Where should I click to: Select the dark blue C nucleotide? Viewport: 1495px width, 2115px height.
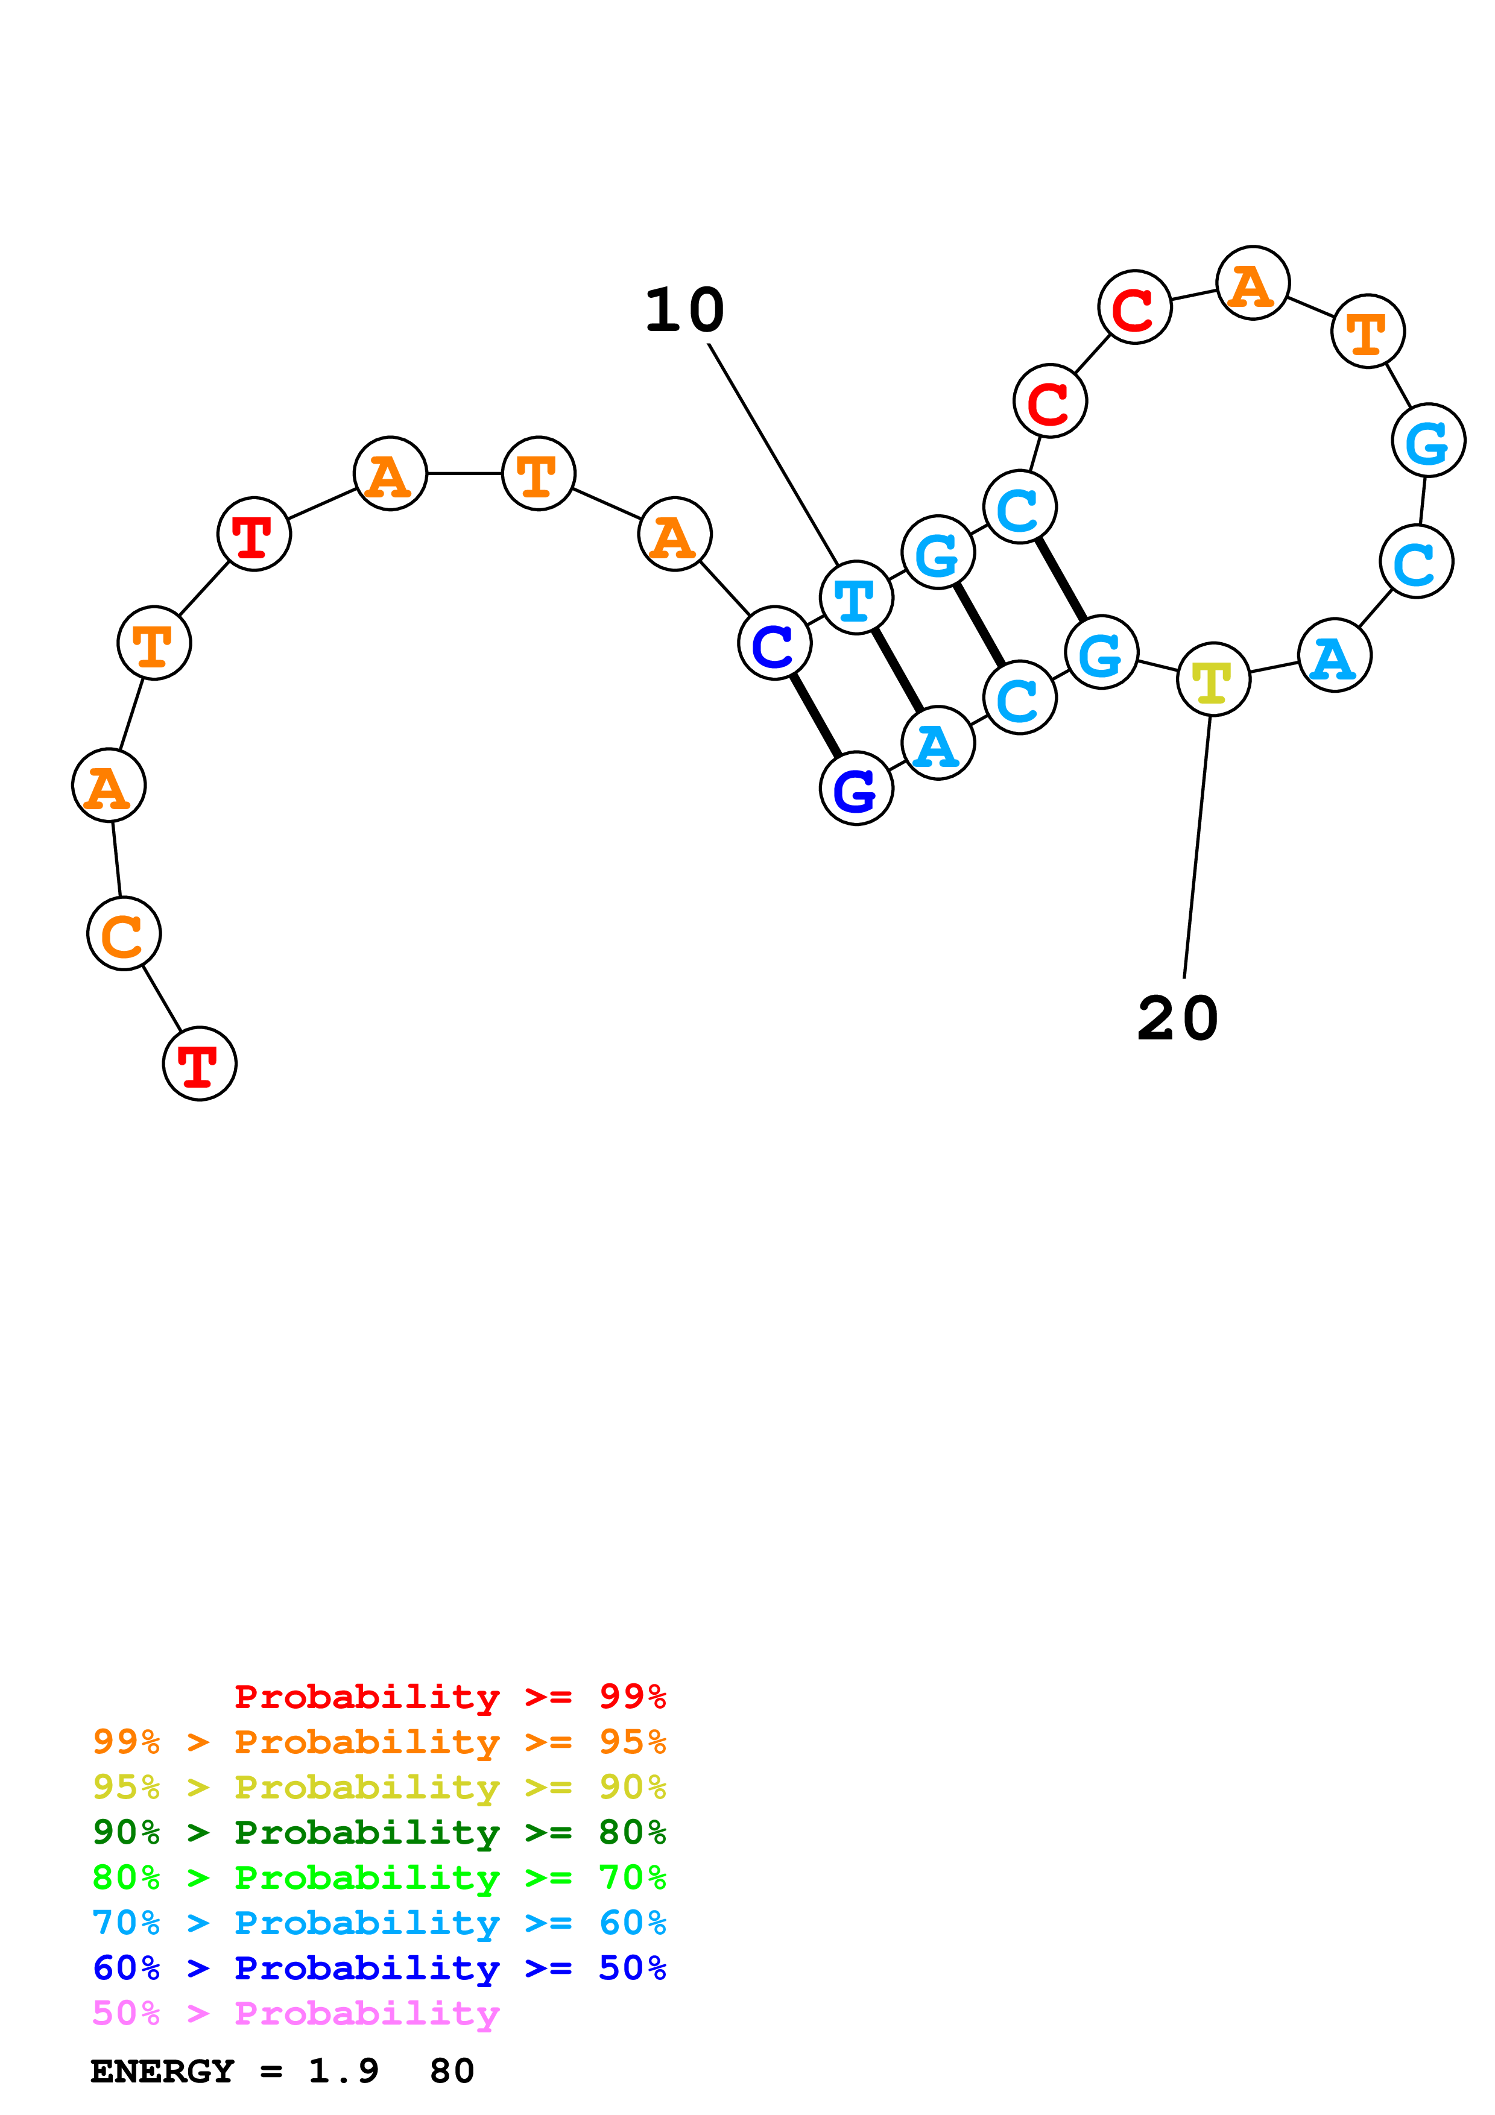pyautogui.click(x=775, y=643)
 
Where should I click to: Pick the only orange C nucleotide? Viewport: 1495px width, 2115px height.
pyautogui.click(x=124, y=933)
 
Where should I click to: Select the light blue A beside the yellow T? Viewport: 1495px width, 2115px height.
pyautogui.click(x=1334, y=656)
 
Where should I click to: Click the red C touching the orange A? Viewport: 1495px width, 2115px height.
pyautogui.click(x=1135, y=307)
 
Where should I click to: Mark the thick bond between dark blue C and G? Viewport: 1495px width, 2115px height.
pyautogui.click(x=815, y=716)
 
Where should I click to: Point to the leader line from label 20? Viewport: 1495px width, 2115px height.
pyautogui.click(x=1196, y=848)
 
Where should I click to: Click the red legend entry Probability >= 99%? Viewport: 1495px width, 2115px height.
pyautogui.click(x=449, y=1696)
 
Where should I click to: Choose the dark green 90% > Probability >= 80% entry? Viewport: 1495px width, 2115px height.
pyautogui.click(x=379, y=1832)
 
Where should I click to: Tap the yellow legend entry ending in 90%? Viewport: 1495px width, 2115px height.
pyautogui.click(x=379, y=1787)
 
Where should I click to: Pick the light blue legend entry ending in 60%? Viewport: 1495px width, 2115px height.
pyautogui.click(x=379, y=1923)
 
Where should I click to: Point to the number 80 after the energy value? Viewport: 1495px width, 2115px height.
pyautogui.click(x=451, y=2071)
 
